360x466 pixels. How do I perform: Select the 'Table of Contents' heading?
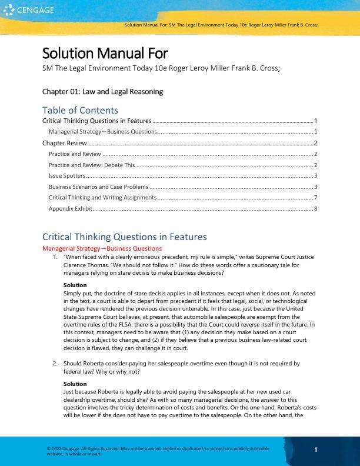[x=80, y=110]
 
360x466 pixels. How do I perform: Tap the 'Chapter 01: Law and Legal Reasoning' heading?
[x=102, y=92]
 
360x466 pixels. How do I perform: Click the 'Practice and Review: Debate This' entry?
[x=92, y=165]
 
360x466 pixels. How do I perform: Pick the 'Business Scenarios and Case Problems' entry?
[x=98, y=187]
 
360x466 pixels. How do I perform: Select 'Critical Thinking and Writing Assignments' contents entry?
[x=102, y=198]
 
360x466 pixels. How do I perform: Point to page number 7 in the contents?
[x=316, y=198]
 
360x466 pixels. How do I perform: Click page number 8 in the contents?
[x=316, y=208]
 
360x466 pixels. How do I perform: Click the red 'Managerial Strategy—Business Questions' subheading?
[x=102, y=248]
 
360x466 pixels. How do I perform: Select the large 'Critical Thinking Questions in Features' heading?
[x=124, y=237]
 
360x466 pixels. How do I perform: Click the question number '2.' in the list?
[x=55, y=364]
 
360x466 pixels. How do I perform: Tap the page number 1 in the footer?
[x=316, y=450]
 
